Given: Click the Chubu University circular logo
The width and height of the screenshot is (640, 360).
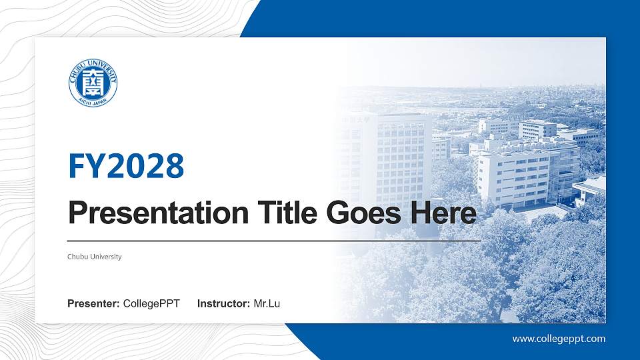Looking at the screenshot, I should point(93,83).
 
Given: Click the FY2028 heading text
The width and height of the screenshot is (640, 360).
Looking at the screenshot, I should point(126,166).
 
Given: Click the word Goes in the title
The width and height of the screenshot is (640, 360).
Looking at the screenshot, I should point(359,213).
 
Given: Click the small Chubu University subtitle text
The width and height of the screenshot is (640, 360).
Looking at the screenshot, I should point(95,257).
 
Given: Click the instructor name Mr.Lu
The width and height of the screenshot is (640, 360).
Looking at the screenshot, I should point(267,304).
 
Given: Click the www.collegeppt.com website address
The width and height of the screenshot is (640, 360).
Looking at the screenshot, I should point(559,339).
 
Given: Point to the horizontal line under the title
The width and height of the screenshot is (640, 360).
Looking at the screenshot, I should point(273,240).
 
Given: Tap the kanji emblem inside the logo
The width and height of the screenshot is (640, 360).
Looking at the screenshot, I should point(93,82).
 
